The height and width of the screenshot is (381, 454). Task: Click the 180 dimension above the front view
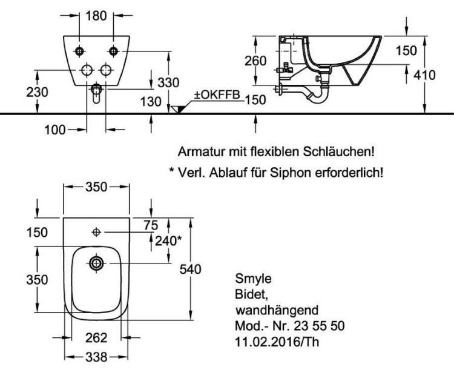[x=96, y=16]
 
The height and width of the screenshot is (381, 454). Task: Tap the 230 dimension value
[x=37, y=92]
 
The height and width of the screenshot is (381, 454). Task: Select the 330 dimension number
[x=168, y=82]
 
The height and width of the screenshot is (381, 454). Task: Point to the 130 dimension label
[x=151, y=101]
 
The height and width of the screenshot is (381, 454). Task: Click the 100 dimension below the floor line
[x=55, y=130]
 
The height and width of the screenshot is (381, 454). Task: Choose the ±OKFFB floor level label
[x=217, y=94]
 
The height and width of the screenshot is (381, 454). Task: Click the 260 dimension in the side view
[x=255, y=61]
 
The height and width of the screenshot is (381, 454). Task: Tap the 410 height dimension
[x=424, y=75]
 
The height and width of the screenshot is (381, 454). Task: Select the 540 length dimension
[x=190, y=269]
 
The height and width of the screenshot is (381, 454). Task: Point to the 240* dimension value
[x=168, y=240]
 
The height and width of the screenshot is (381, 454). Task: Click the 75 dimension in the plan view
[x=151, y=225]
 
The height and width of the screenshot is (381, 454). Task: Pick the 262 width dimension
[x=96, y=337]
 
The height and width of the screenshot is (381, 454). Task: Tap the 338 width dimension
[x=96, y=357]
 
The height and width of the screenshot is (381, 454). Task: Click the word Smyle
[x=254, y=279]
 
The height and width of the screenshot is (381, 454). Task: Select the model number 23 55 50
[x=319, y=326]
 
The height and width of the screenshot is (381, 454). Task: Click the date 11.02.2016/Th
[x=277, y=342]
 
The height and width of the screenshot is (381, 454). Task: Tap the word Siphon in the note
[x=291, y=173]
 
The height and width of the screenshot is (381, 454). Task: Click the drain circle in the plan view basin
[x=96, y=263]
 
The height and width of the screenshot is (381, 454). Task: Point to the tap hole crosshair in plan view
[x=96, y=232]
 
